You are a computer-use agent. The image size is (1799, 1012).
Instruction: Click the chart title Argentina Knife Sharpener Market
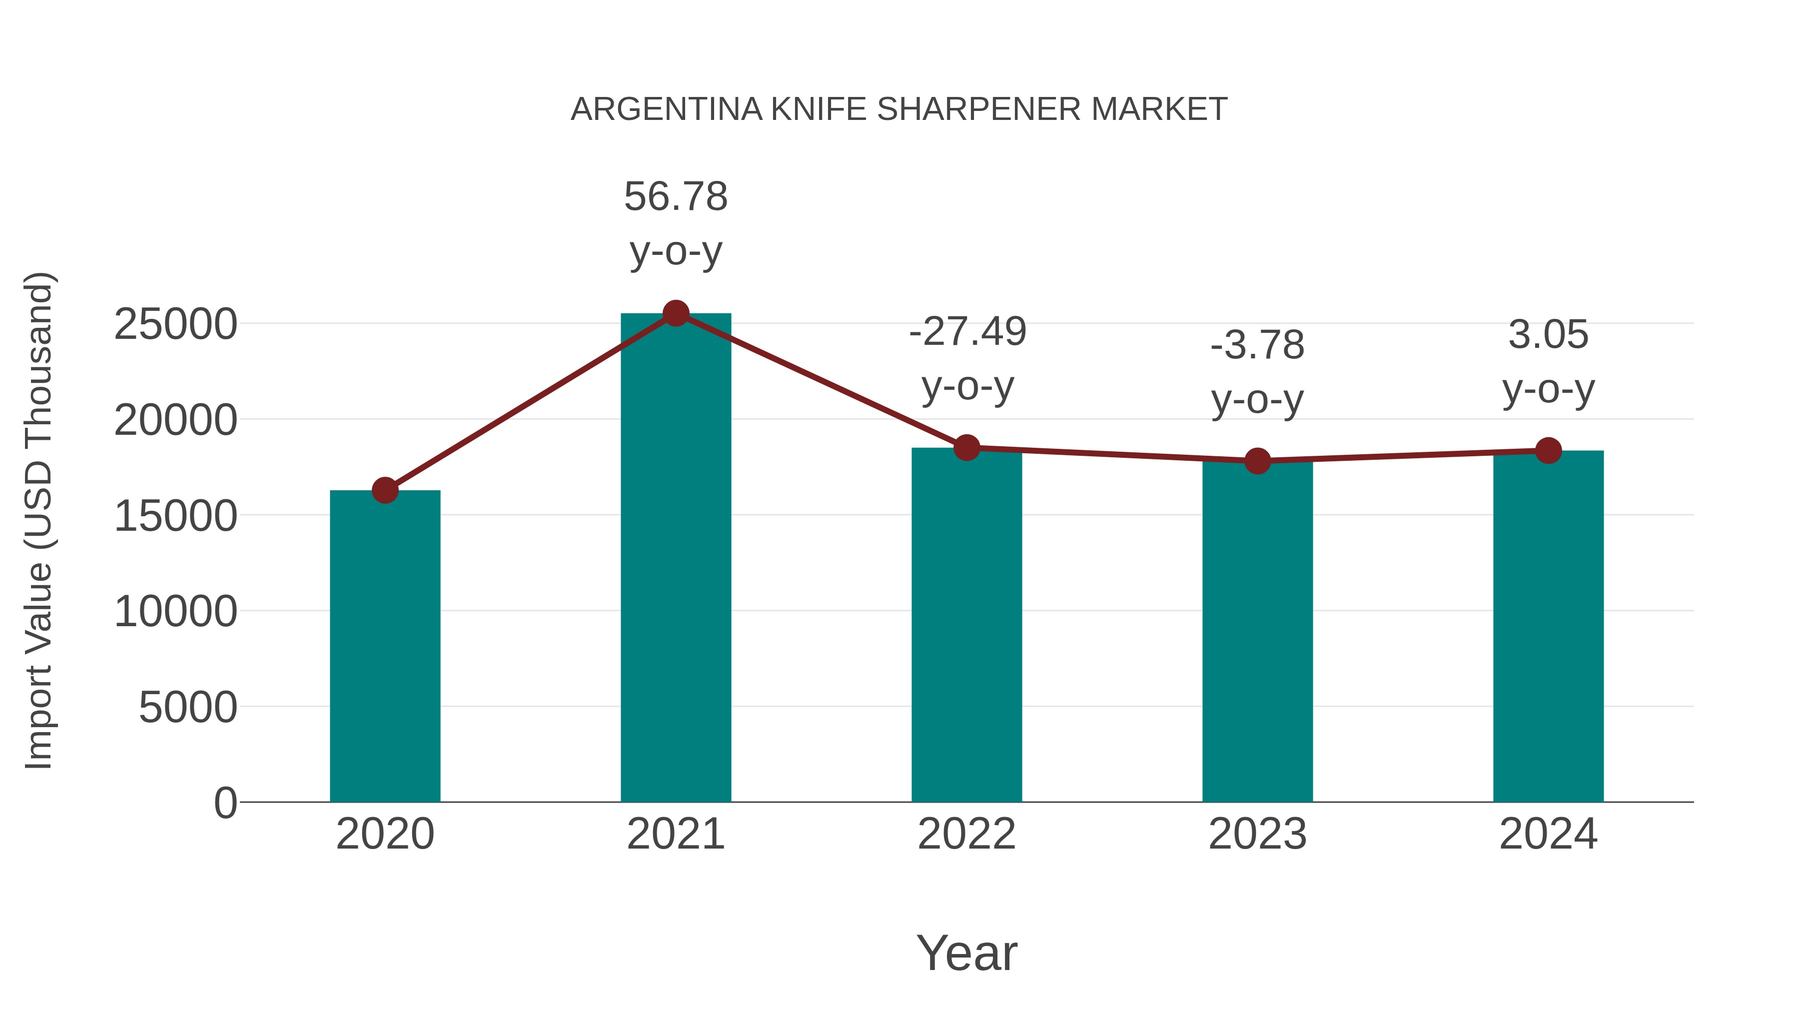click(899, 109)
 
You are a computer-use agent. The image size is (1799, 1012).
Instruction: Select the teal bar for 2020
click(385, 646)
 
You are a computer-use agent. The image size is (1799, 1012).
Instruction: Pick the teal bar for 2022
click(966, 625)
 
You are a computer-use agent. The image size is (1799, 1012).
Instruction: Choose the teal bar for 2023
click(1257, 632)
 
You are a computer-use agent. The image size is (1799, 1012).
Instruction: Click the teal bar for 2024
click(1548, 627)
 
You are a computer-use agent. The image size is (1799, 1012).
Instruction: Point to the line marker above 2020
click(385, 490)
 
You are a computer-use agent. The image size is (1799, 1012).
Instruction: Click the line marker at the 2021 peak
click(675, 313)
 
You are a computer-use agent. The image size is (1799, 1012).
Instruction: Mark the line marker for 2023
click(1257, 461)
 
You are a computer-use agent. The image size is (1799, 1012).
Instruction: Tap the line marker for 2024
click(1548, 450)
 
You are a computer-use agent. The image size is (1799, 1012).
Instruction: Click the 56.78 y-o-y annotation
click(675, 223)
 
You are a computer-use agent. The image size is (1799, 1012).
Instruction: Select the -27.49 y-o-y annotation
click(967, 358)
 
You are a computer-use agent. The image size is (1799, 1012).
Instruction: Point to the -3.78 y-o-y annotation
click(1257, 372)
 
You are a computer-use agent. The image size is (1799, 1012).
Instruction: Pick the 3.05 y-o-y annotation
click(1548, 362)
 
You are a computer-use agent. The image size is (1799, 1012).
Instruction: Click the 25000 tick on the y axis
click(175, 325)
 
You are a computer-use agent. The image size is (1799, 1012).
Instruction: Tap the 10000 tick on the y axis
click(175, 612)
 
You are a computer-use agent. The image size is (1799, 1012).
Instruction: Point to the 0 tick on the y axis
click(225, 803)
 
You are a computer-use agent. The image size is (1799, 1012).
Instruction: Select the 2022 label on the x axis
click(966, 834)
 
